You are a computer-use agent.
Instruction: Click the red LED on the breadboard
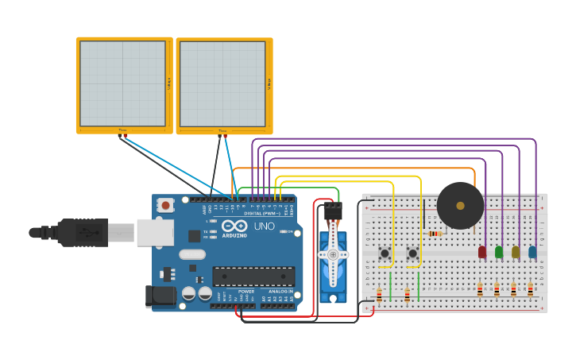point(481,252)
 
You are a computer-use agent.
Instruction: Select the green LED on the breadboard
point(499,252)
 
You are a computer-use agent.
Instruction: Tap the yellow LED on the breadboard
point(516,252)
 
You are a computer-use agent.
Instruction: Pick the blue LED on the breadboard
point(532,252)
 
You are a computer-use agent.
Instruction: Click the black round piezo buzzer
point(460,206)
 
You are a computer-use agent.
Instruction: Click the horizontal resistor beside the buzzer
point(435,234)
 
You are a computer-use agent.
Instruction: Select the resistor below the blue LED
point(530,290)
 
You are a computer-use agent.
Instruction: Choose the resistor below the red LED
point(480,290)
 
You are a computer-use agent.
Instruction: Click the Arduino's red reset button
point(165,205)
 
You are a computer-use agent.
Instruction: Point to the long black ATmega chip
point(253,277)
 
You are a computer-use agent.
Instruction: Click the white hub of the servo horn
point(333,254)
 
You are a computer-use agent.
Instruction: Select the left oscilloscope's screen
point(123,83)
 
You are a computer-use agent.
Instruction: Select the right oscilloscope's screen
point(222,83)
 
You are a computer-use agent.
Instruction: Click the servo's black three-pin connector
point(333,211)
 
